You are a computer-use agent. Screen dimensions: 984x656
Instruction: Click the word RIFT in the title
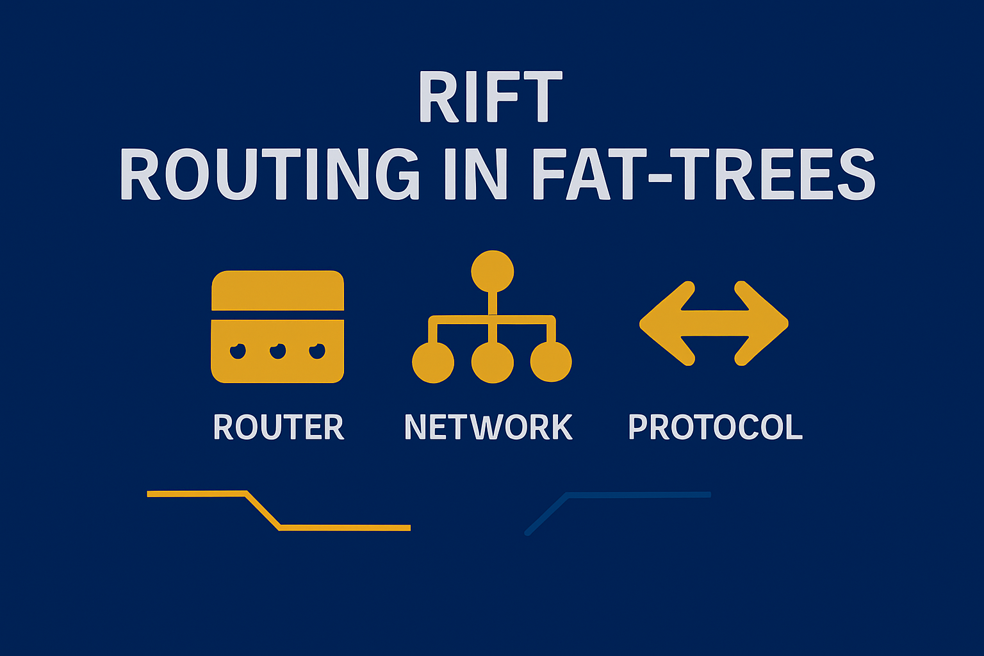[491, 97]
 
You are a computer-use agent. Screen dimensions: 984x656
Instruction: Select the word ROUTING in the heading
[268, 174]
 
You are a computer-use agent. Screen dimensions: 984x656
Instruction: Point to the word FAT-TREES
[703, 174]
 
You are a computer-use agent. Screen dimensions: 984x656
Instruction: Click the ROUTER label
[278, 427]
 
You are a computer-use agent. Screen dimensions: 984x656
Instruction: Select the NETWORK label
[488, 427]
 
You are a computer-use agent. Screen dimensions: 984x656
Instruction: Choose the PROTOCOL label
[715, 427]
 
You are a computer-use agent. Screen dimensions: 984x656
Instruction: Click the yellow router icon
[277, 327]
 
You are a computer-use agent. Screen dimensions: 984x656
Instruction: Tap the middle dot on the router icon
[277, 351]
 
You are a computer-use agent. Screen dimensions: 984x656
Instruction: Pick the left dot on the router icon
[238, 351]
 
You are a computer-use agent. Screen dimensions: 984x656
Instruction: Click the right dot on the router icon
[317, 351]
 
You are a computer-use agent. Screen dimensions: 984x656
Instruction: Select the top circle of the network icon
[492, 271]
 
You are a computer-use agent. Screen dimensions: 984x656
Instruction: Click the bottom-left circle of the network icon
[433, 362]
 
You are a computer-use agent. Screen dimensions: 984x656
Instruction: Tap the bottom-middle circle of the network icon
[492, 362]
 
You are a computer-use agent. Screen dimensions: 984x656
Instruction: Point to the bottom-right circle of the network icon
[551, 362]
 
